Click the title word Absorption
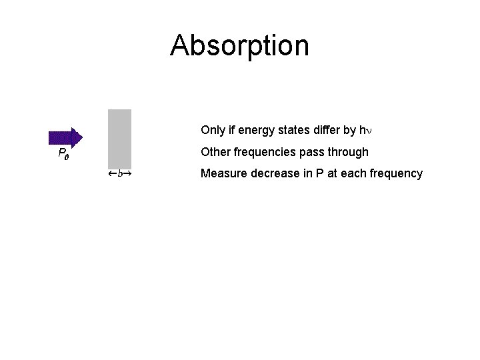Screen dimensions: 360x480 coord(239,45)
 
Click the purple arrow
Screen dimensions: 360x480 coord(65,137)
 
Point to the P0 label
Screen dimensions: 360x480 coord(64,154)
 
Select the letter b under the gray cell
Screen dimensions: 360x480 coord(119,174)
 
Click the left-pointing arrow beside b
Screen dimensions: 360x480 coord(112,174)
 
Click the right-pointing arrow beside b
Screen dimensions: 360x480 coord(127,174)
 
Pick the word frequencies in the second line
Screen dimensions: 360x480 coord(264,152)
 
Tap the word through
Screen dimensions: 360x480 coord(347,152)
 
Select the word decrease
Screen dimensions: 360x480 coord(271,174)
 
